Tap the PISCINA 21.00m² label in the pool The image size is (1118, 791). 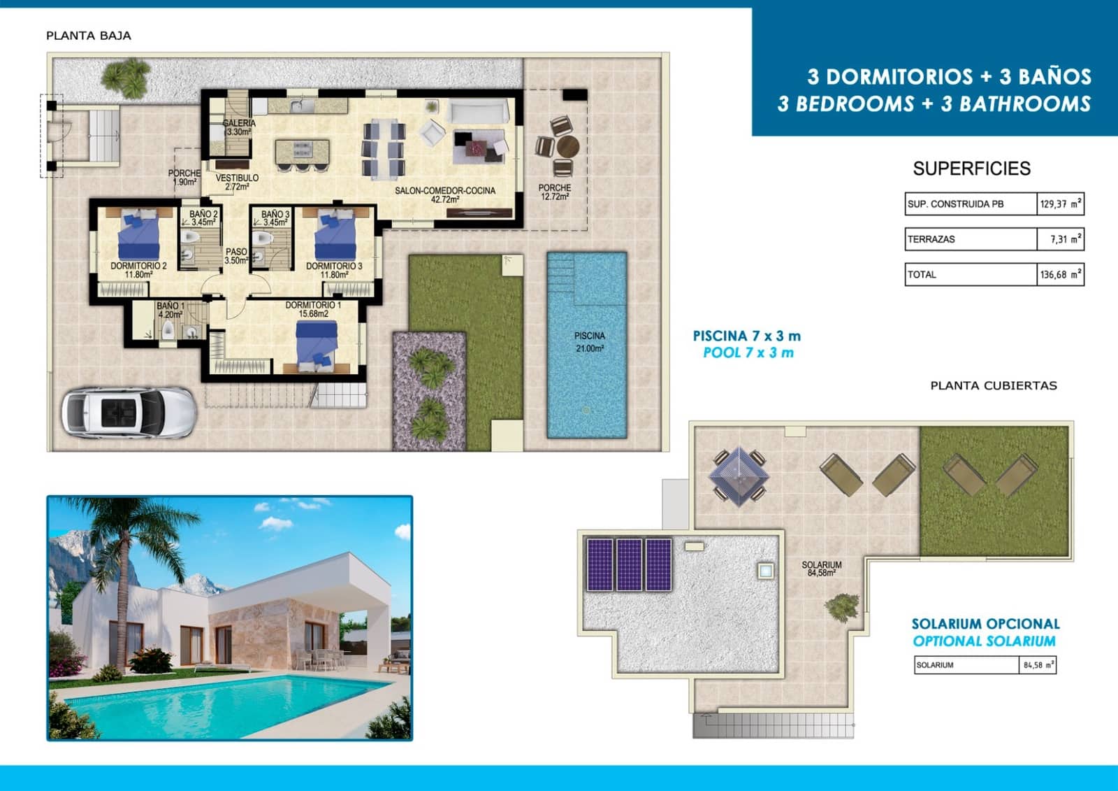coord(589,342)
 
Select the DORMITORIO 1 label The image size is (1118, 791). coord(313,309)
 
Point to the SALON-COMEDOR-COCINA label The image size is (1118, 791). coord(445,194)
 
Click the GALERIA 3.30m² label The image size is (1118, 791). coord(239,127)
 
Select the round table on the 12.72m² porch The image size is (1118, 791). coord(567,148)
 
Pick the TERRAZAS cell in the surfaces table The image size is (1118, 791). coord(970,239)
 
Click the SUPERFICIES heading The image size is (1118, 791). coord(971,169)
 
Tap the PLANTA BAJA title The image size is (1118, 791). coord(89,36)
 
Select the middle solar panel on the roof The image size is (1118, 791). coord(628,564)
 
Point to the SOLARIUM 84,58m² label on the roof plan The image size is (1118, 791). coord(821,569)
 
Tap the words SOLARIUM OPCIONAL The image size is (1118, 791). coord(985,624)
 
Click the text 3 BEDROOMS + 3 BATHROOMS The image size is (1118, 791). coord(934,104)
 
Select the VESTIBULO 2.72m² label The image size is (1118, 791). coord(237,182)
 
